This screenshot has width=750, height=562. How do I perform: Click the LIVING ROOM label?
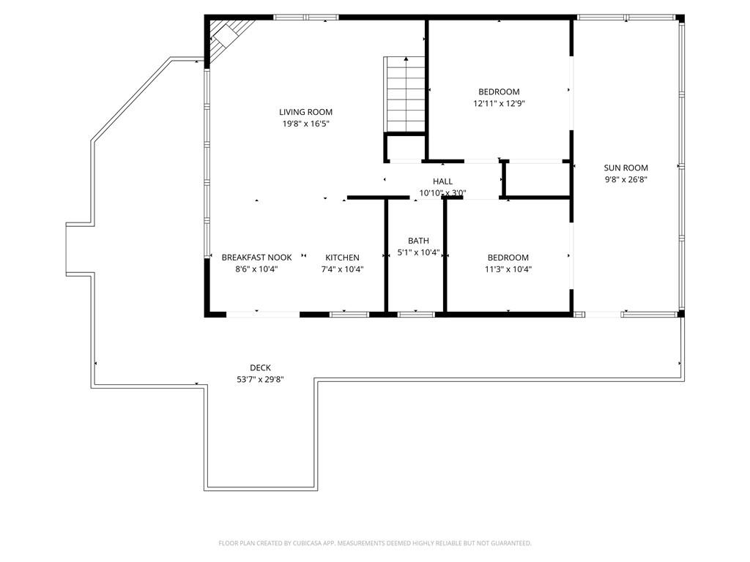click(x=305, y=112)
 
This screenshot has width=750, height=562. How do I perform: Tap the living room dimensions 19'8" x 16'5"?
click(x=305, y=124)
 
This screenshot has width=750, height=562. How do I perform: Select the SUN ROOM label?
click(x=625, y=168)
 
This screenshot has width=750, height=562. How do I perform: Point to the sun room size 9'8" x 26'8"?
click(x=625, y=180)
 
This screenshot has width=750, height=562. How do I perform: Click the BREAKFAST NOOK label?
click(x=256, y=258)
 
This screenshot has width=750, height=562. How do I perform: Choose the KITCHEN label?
click(x=342, y=258)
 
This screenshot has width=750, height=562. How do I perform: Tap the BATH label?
click(x=418, y=241)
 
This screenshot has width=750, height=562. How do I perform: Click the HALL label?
click(x=442, y=181)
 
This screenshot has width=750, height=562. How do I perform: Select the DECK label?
click(x=260, y=368)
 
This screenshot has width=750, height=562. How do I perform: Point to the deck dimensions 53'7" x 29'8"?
click(x=260, y=380)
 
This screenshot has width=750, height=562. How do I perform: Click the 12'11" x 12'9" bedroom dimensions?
click(x=500, y=104)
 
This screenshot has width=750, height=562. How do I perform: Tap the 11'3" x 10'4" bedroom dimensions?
click(x=508, y=269)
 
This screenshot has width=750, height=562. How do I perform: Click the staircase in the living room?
click(x=404, y=94)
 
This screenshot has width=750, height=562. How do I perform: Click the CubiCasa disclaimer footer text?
click(x=375, y=544)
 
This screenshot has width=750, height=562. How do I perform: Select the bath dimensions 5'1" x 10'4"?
click(x=418, y=252)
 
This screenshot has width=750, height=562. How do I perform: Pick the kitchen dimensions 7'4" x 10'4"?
click(x=342, y=269)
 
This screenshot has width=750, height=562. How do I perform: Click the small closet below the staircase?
click(x=404, y=148)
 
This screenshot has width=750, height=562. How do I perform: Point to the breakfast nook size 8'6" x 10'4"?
click(x=256, y=269)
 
